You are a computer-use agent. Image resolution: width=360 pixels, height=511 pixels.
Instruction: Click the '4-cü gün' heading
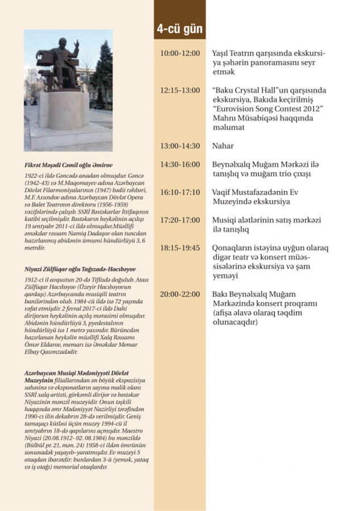pos(181,28)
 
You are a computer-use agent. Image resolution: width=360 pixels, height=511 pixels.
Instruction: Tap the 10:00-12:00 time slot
pos(180,53)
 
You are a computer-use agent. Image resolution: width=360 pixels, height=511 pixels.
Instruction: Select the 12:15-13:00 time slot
pos(180,90)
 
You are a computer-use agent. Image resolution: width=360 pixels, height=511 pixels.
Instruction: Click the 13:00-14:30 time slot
pos(180,146)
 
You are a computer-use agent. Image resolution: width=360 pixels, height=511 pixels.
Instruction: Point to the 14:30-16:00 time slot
pos(180,165)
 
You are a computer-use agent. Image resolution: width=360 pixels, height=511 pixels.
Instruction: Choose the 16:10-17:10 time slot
pos(180,192)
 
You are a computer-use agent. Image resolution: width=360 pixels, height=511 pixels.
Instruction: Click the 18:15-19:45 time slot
pos(180,248)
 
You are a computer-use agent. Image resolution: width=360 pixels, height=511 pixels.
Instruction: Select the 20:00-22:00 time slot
pos(180,294)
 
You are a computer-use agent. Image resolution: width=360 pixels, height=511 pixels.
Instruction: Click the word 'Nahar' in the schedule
pos(223,146)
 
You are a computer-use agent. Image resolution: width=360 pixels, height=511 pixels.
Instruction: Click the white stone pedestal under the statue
pos(63,110)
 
